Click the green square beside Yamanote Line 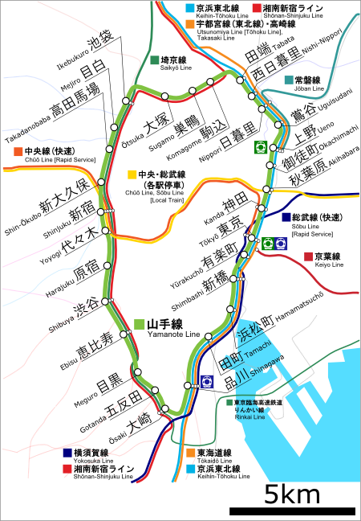[x=140, y=324]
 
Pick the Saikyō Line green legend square [x=155, y=59]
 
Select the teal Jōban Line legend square [x=288, y=80]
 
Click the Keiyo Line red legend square [x=308, y=256]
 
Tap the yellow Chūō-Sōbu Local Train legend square [x=131, y=174]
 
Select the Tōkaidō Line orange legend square [x=190, y=452]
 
